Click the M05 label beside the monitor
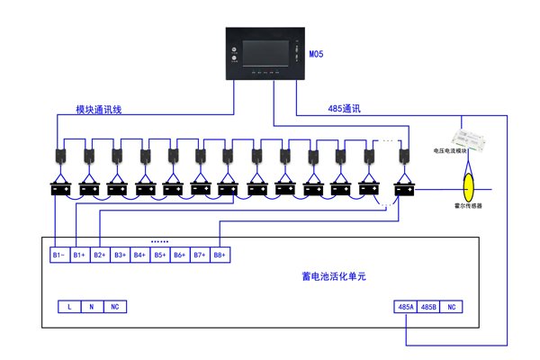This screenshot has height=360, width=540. click(x=316, y=55)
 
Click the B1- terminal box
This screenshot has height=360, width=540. click(x=58, y=256)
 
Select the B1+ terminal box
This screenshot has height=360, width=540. click(x=79, y=256)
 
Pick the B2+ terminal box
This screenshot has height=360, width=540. click(x=99, y=256)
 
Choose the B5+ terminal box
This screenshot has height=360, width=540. click(x=159, y=256)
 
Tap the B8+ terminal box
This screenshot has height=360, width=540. click(x=220, y=256)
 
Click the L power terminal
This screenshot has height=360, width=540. click(x=69, y=307)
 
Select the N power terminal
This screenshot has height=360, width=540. click(x=92, y=307)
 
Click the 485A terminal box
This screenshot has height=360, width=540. click(x=406, y=307)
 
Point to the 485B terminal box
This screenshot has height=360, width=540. click(x=428, y=307)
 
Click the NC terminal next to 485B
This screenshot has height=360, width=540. click(x=452, y=307)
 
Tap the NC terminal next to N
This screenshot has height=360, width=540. click(x=114, y=307)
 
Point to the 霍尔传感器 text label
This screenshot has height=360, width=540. click(x=468, y=206)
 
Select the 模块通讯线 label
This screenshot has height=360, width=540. click(x=99, y=110)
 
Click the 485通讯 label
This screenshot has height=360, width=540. click(x=344, y=109)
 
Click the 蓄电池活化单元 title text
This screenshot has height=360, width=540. click(x=334, y=276)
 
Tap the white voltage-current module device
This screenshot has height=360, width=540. click(x=469, y=137)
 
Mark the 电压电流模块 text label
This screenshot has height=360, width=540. click(x=451, y=151)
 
